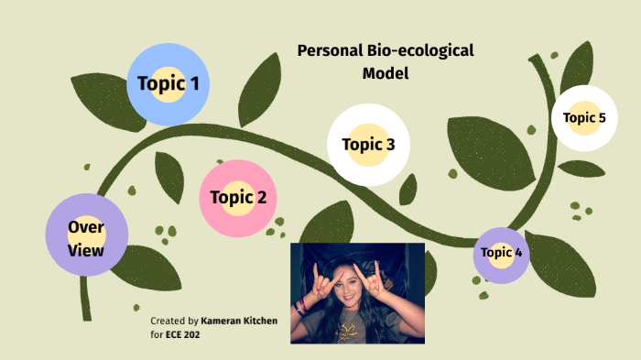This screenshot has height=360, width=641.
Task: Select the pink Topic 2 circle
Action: point(238,198)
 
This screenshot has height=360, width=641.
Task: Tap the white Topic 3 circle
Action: point(368,144)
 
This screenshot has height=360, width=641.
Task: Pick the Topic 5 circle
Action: point(584,117)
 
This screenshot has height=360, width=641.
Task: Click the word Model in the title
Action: point(385,72)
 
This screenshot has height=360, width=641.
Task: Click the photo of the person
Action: point(357,293)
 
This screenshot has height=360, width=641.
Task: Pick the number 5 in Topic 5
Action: point(601,117)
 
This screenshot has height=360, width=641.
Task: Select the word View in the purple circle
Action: point(85,249)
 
